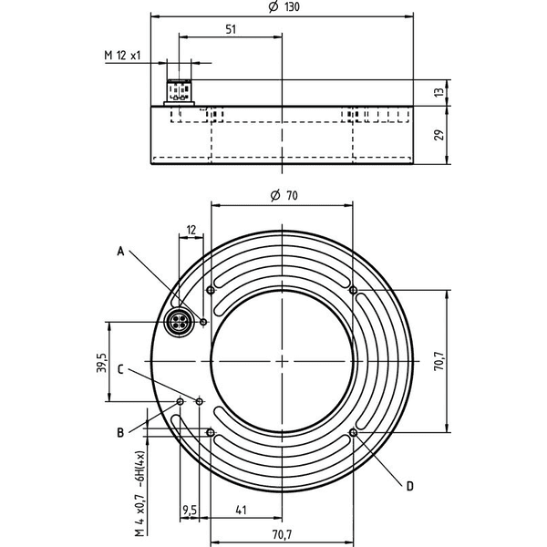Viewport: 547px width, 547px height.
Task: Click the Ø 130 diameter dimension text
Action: coord(284,6)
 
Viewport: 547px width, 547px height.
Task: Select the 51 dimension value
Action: coord(231,29)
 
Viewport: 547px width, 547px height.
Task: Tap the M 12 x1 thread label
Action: coord(122,55)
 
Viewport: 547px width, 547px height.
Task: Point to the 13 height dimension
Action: coord(440,92)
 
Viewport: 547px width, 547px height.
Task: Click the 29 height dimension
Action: coord(439,135)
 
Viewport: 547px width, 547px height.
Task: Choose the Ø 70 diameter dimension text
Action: coord(284,195)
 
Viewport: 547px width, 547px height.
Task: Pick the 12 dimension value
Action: coord(191,231)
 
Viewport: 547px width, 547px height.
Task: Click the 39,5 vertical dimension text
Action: coord(101,363)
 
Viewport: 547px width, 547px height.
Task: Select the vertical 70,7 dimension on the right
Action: coord(439,361)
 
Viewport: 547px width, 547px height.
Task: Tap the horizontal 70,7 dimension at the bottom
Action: coord(282,534)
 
